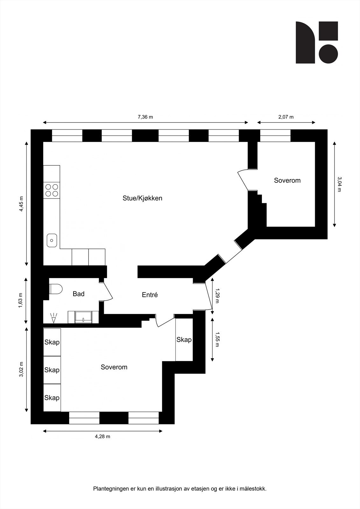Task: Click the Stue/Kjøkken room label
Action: point(142,198)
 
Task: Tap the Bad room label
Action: point(78,294)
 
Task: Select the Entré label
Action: point(150,295)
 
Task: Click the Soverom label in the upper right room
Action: point(287,181)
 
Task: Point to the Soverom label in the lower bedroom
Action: point(114,367)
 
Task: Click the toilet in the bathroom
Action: point(56,289)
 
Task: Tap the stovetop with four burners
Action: point(52,190)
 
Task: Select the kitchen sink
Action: point(52,240)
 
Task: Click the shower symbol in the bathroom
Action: point(53,317)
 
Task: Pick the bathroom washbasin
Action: point(83,317)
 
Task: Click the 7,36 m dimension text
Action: point(145,117)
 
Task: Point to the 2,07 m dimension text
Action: point(286,117)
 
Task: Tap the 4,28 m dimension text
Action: point(102,436)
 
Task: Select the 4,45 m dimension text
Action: point(21,204)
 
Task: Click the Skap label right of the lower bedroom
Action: point(184,340)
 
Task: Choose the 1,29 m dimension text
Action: point(217,296)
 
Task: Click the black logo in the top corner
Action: point(316,42)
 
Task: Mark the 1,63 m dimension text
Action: point(21,300)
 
